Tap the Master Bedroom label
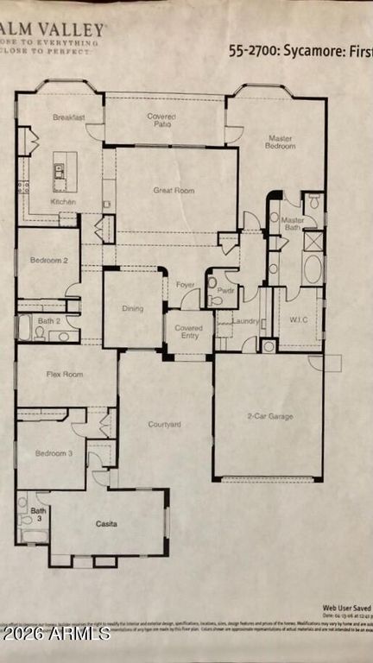(281, 142)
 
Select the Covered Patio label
(161, 121)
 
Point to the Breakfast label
(68, 117)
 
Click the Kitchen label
(63, 202)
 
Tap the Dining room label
(132, 307)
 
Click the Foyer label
(185, 284)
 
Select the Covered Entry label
(188, 332)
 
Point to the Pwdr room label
(226, 292)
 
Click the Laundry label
(246, 321)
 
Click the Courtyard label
(165, 424)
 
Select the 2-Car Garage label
(269, 416)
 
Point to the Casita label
(106, 523)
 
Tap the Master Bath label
(294, 224)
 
